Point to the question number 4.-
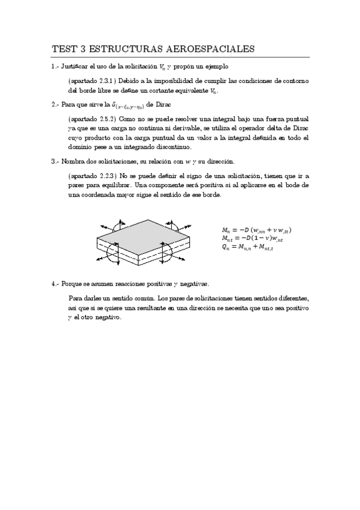click(x=55, y=283)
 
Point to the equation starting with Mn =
click(x=257, y=230)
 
